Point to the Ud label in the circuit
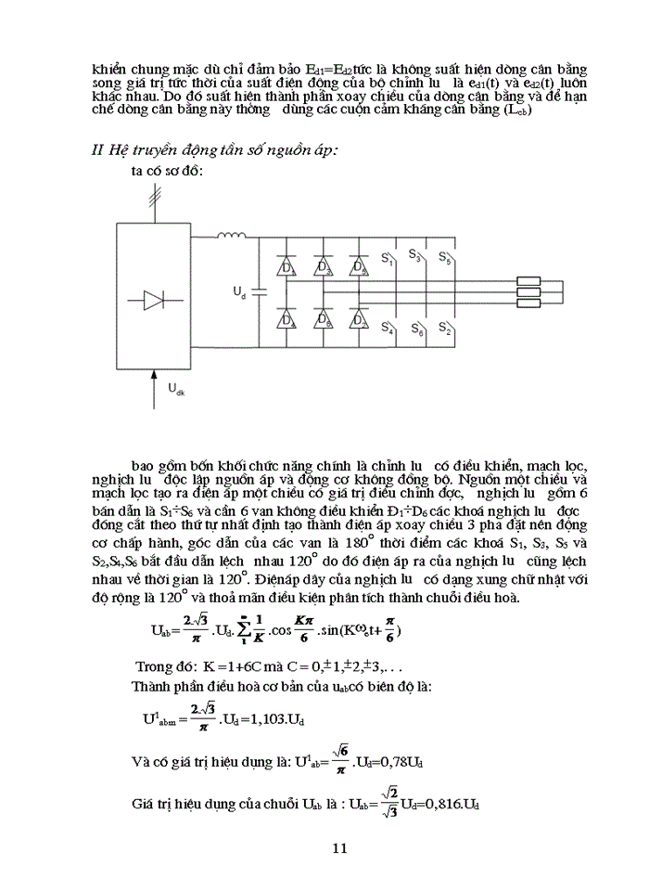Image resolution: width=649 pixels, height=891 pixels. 238,292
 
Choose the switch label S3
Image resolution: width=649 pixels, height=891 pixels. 416,257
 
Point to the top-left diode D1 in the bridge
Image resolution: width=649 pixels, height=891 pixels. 286,267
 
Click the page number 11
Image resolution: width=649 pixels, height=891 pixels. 338,847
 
